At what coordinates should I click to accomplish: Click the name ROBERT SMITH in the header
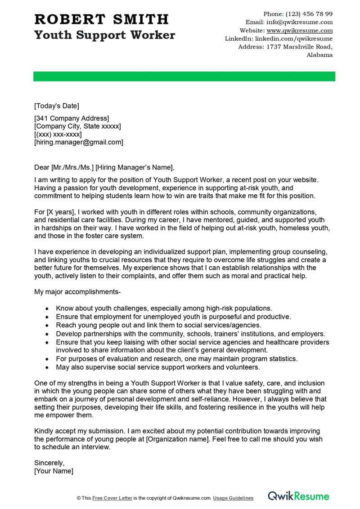pyautogui.click(x=101, y=19)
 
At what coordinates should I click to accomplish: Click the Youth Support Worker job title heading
pyautogui.click(x=104, y=35)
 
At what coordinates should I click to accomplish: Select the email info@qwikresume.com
pyautogui.click(x=299, y=22)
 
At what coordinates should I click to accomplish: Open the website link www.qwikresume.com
pyautogui.click(x=299, y=31)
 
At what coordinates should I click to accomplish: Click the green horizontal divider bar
pyautogui.click(x=184, y=76)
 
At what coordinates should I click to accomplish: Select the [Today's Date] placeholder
pyautogui.click(x=56, y=106)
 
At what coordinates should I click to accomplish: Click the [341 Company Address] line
pyautogui.click(x=72, y=118)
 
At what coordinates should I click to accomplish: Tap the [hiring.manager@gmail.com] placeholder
pyautogui.click(x=78, y=142)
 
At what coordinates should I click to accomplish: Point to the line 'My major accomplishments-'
pyautogui.click(x=77, y=292)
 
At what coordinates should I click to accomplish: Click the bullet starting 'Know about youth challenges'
pyautogui.click(x=164, y=308)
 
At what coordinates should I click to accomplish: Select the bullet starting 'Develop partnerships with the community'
pyautogui.click(x=190, y=334)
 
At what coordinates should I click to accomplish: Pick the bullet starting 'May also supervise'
pyautogui.click(x=158, y=367)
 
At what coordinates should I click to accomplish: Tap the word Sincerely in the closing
pyautogui.click(x=49, y=463)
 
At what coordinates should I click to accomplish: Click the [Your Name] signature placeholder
pyautogui.click(x=54, y=471)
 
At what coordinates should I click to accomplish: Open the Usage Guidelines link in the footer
pyautogui.click(x=233, y=498)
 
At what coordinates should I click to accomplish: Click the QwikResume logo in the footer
pyautogui.click(x=298, y=496)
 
